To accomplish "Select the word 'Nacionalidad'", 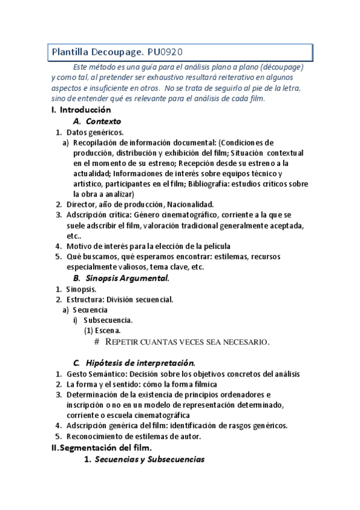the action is [x=189, y=204].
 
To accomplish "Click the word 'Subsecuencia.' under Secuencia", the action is [x=108, y=320].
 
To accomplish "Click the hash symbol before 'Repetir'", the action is [x=97, y=342].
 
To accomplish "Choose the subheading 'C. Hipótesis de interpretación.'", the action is [x=133, y=363].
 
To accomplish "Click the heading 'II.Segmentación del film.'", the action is [x=102, y=447].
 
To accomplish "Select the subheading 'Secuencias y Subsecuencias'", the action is [x=150, y=459].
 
